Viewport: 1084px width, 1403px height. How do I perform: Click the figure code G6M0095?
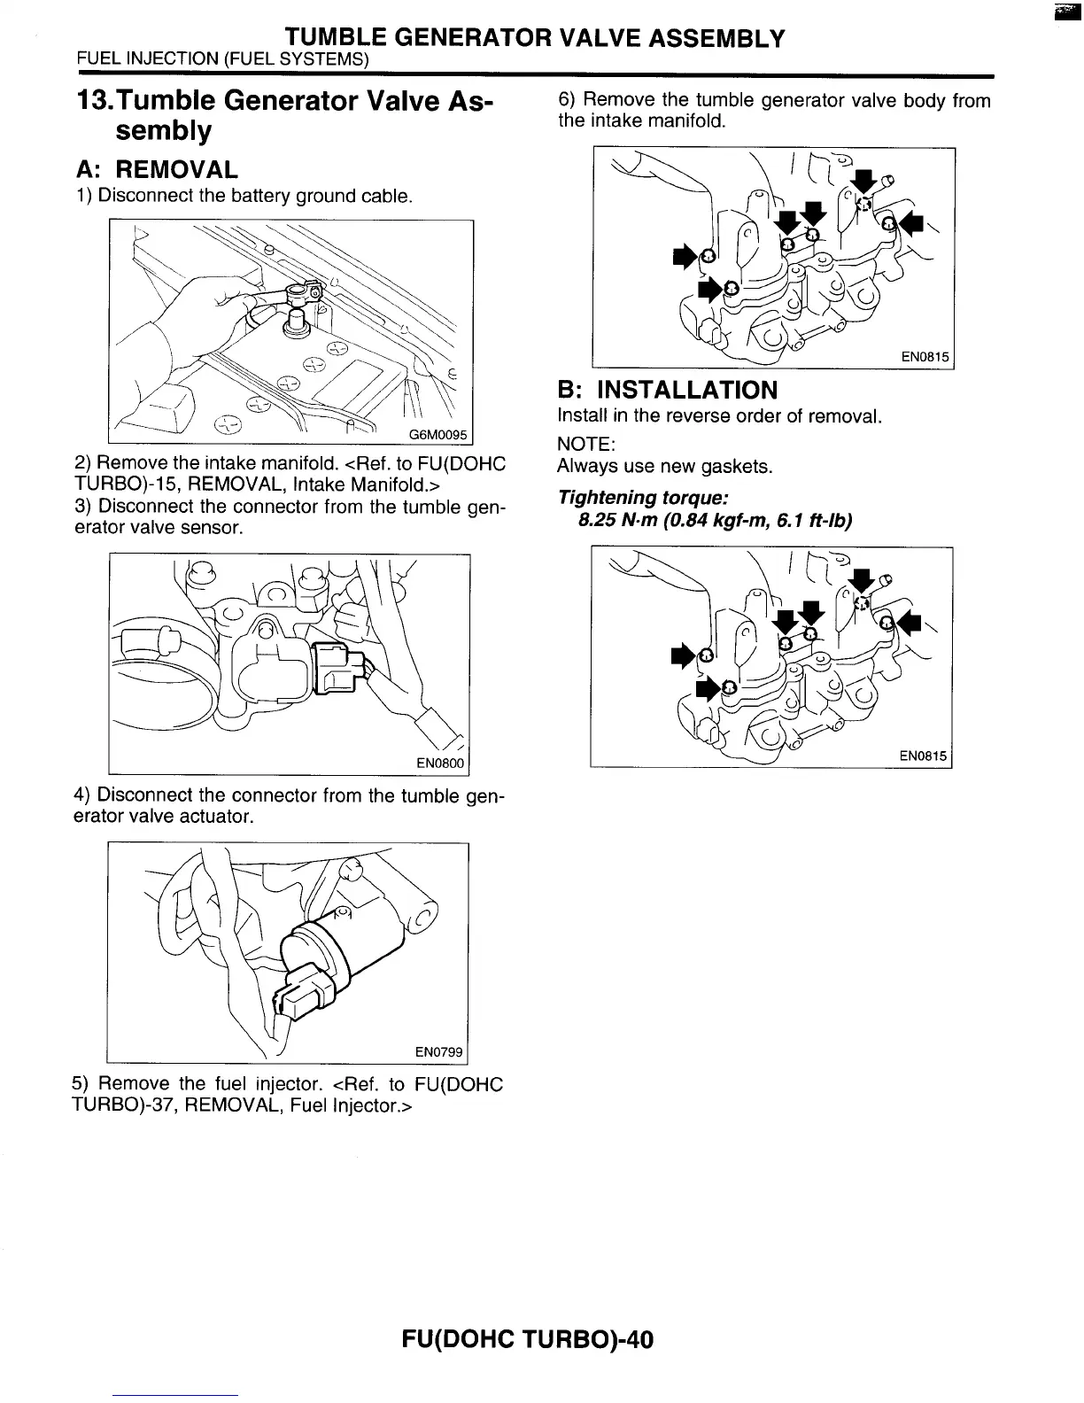pyautogui.click(x=438, y=434)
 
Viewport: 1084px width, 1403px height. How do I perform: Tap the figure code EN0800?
pyautogui.click(x=439, y=764)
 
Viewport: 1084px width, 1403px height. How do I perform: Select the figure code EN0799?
pyautogui.click(x=439, y=1052)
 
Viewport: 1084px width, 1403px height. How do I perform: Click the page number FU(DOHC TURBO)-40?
pyautogui.click(x=527, y=1339)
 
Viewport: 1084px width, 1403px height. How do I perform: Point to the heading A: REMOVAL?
pyautogui.click(x=156, y=169)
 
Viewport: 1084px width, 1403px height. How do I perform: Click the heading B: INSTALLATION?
pyautogui.click(x=667, y=390)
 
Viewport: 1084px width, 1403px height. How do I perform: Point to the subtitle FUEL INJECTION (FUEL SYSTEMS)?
pyautogui.click(x=222, y=60)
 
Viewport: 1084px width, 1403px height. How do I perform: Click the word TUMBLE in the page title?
pyautogui.click(x=336, y=38)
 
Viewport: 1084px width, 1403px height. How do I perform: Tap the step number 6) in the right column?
pyautogui.click(x=568, y=100)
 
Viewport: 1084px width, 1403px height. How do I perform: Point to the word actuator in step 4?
pyautogui.click(x=221, y=816)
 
